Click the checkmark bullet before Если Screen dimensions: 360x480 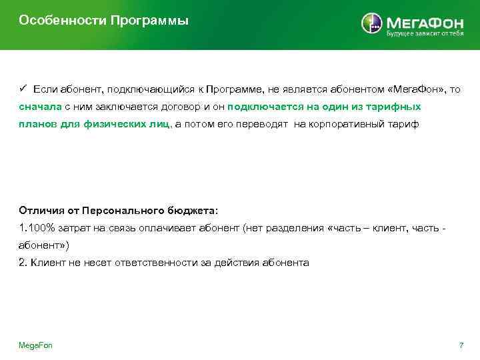tap(21, 89)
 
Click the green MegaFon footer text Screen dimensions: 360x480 tap(35, 345)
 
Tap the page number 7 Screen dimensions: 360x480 tap(461, 345)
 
